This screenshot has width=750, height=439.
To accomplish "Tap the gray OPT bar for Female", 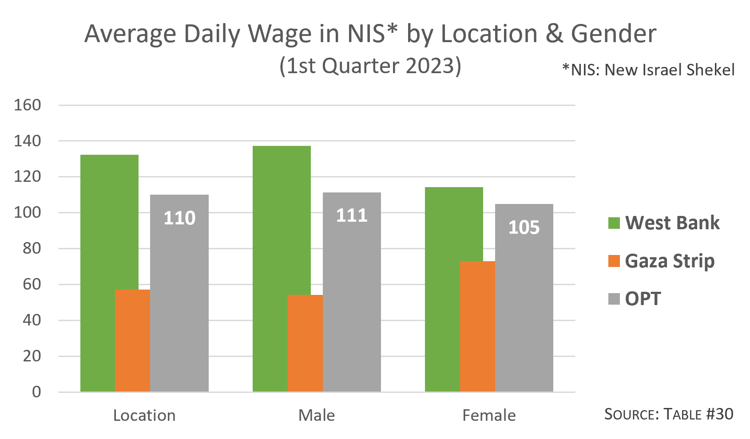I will [524, 310].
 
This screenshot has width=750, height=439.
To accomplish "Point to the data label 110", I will [179, 218].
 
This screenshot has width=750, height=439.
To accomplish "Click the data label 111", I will [352, 216].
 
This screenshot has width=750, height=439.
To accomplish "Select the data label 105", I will [524, 227].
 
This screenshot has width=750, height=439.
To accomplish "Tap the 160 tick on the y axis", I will [28, 105].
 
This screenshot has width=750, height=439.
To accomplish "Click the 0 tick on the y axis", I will [36, 392].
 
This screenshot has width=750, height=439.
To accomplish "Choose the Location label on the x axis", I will [144, 415].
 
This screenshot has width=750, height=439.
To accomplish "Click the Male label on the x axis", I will [317, 415].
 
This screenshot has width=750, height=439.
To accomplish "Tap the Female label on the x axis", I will [489, 415].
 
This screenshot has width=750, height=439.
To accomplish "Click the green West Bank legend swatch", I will [614, 223].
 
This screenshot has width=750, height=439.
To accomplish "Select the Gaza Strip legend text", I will [670, 261].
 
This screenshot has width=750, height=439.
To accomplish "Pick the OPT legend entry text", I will [643, 299].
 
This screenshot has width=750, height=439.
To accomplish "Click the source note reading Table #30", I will [669, 414].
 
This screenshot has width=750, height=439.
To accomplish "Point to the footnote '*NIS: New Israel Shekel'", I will [648, 70].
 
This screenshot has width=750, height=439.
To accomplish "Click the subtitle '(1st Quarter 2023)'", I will [370, 66].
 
